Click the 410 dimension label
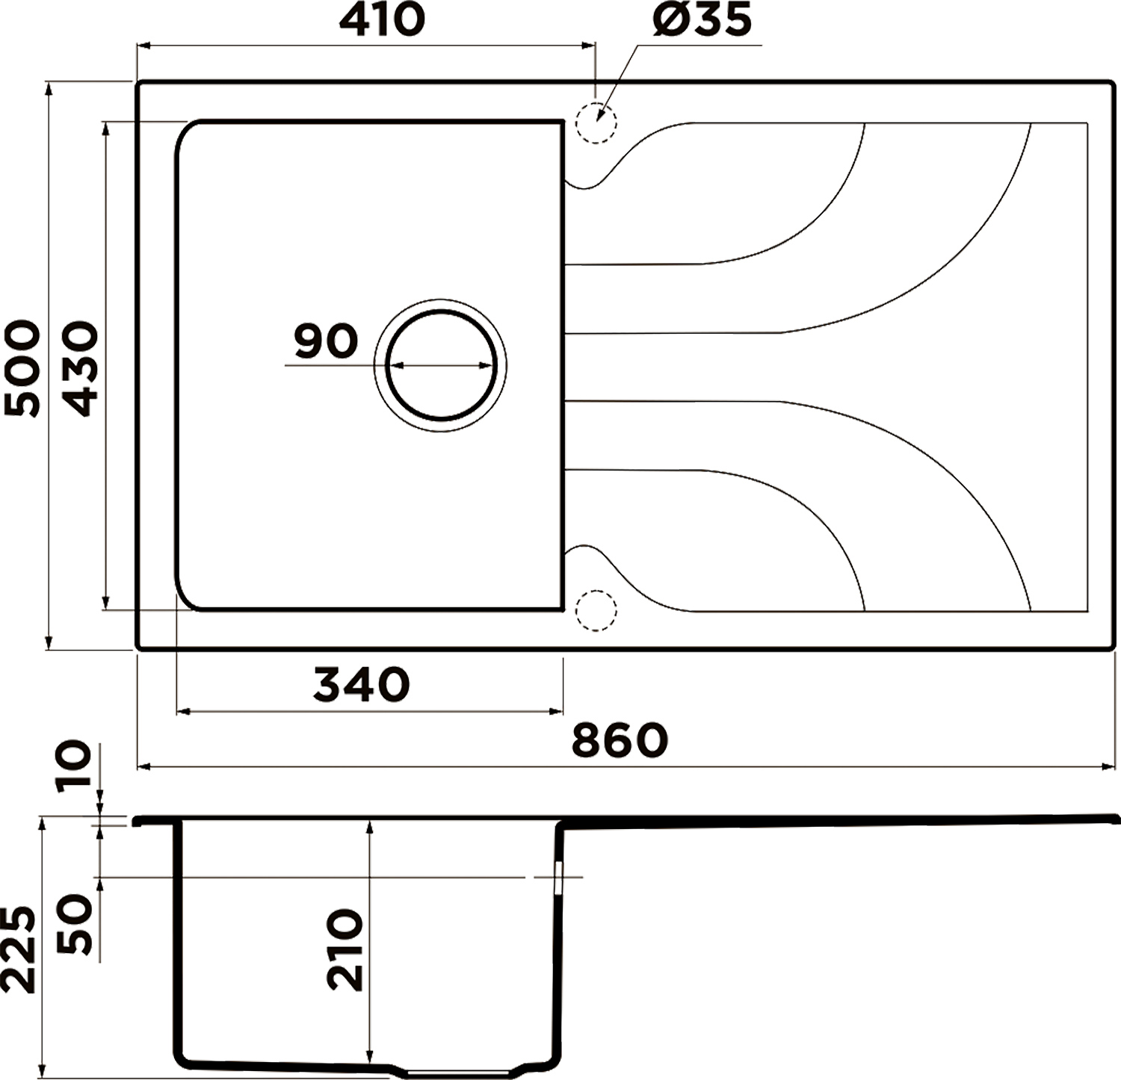click(x=382, y=20)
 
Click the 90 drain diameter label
click(x=326, y=341)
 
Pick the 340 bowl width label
click(x=362, y=684)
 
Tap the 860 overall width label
click(x=620, y=740)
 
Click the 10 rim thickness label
click(x=74, y=763)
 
